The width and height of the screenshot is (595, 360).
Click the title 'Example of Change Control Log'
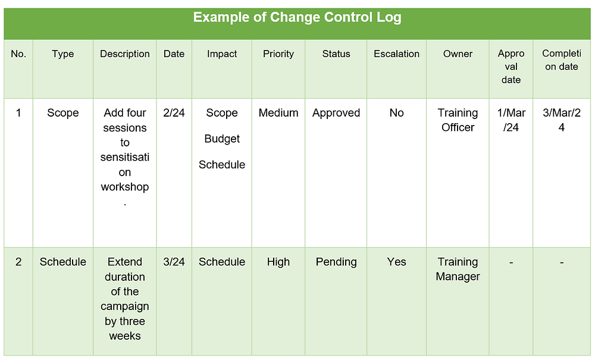pyautogui.click(x=297, y=18)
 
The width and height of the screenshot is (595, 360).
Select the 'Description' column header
pyautogui.click(x=125, y=54)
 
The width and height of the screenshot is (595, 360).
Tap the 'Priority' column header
pyautogui.click(x=278, y=54)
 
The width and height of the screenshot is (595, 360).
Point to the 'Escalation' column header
pyautogui.click(x=396, y=54)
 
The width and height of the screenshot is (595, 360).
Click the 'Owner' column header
pyautogui.click(x=458, y=54)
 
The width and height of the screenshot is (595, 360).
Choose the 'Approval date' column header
pyautogui.click(x=511, y=67)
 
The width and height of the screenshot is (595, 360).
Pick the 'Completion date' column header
pyautogui.click(x=561, y=60)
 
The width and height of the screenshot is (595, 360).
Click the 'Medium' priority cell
pyautogui.click(x=278, y=113)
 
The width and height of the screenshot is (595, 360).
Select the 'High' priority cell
pyautogui.click(x=278, y=262)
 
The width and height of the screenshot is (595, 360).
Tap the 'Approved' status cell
pyautogui.click(x=336, y=113)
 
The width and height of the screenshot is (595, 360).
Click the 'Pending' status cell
pyautogui.click(x=336, y=262)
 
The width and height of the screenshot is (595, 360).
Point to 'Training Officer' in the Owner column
pyautogui.click(x=458, y=120)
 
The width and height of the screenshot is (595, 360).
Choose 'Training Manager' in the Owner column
pyautogui.click(x=458, y=269)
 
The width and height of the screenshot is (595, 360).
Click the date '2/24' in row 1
pyautogui.click(x=174, y=113)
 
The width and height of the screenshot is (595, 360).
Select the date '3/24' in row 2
pyautogui.click(x=174, y=262)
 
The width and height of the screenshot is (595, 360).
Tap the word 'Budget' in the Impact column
pyautogui.click(x=222, y=139)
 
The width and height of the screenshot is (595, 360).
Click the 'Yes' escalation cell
pyautogui.click(x=396, y=262)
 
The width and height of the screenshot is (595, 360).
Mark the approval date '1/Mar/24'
pyautogui.click(x=511, y=120)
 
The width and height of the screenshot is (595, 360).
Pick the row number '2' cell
pyautogui.click(x=18, y=262)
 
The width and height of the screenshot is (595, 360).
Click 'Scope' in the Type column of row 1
pyautogui.click(x=63, y=113)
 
